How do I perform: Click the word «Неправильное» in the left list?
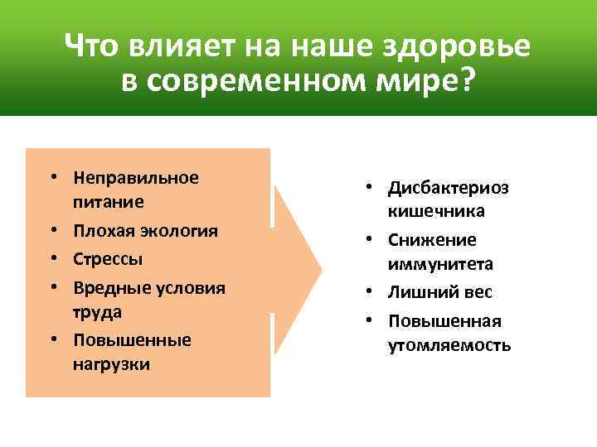pos(136,178)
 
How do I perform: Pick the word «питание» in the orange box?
pos(108,202)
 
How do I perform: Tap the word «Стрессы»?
pos(108,258)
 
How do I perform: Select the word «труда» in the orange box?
pos(97,311)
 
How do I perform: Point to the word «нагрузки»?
pos(111,364)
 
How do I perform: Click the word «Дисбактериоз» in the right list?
pos(449,187)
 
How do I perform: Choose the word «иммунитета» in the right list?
pos(440,264)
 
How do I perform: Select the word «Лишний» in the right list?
pos(420,292)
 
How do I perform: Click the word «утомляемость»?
pos(449,345)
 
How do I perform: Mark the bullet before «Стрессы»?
pos(52,259)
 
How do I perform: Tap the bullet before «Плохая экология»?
pos(52,231)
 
